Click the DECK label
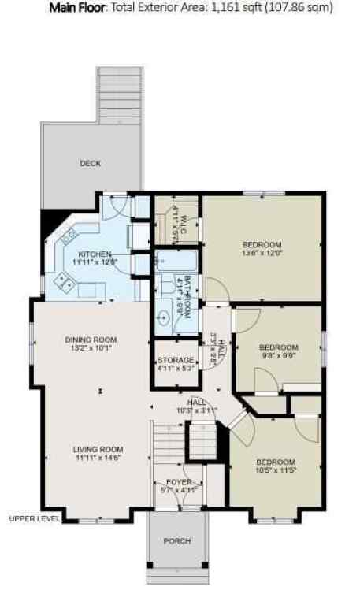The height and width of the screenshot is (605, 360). [91, 164]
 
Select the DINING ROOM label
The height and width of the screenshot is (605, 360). [91, 340]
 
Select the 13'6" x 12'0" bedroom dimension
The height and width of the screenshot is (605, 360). [262, 254]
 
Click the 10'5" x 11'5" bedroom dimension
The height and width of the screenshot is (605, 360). [275, 471]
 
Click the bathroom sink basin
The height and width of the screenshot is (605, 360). [163, 318]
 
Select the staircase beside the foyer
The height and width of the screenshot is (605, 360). [166, 446]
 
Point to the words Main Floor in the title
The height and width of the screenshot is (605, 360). [78, 9]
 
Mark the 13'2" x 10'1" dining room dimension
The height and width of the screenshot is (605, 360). [91, 349]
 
